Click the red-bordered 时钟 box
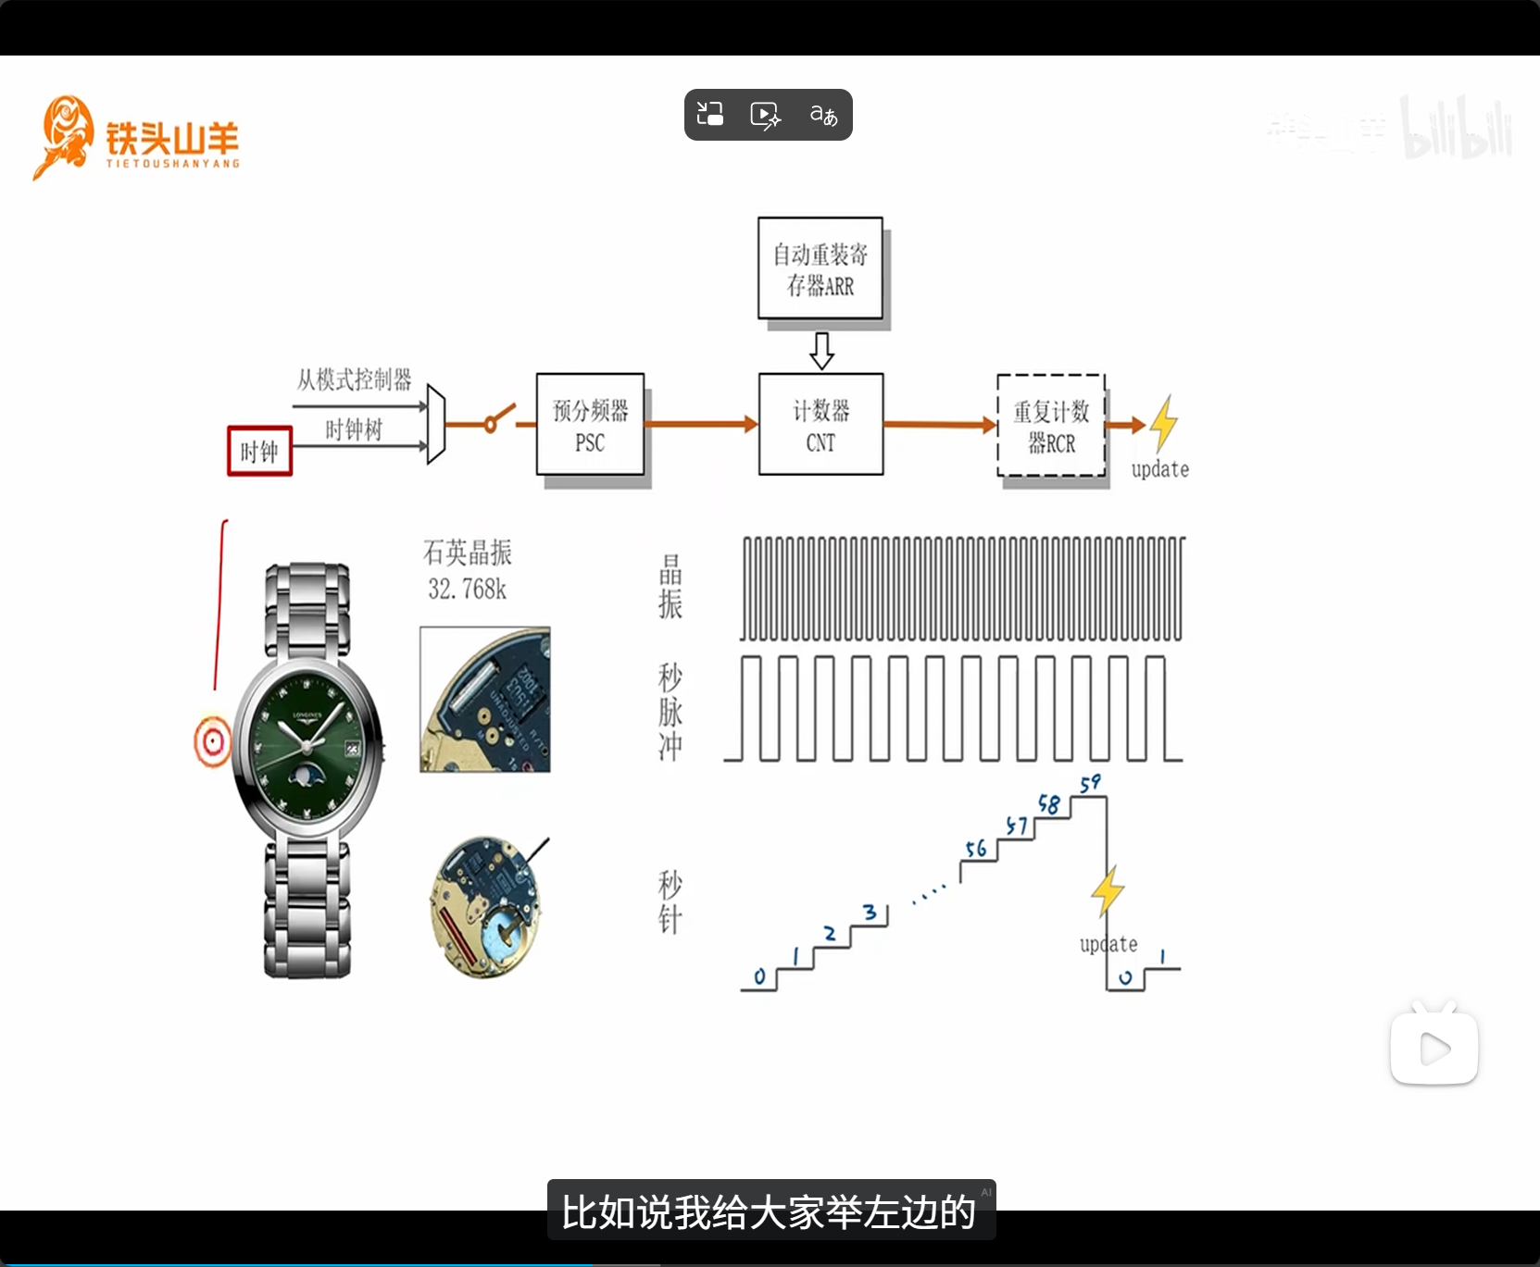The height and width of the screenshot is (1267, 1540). (x=259, y=452)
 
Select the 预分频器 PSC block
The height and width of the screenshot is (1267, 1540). (x=590, y=425)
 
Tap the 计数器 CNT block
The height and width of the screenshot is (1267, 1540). (x=820, y=425)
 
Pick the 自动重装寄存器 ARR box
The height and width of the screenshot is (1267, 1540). (x=820, y=268)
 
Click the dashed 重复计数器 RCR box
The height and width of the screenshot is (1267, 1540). (x=1051, y=426)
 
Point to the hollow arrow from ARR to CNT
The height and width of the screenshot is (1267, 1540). (x=821, y=350)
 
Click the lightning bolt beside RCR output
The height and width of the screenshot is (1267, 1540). (x=1163, y=423)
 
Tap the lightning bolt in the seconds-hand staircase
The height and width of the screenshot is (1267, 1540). (x=1107, y=891)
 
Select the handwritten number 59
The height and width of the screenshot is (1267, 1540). (x=1090, y=784)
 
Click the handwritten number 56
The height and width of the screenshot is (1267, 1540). (x=976, y=849)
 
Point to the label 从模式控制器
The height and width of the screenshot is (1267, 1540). (x=354, y=379)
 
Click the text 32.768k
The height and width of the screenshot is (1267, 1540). (x=467, y=590)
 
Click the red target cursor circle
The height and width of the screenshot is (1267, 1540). (x=213, y=741)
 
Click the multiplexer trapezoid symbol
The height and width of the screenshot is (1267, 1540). (x=436, y=425)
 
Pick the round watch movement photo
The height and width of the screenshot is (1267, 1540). (x=484, y=907)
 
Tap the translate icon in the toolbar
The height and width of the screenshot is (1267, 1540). (x=823, y=115)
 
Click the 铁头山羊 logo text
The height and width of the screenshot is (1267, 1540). (x=172, y=140)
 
